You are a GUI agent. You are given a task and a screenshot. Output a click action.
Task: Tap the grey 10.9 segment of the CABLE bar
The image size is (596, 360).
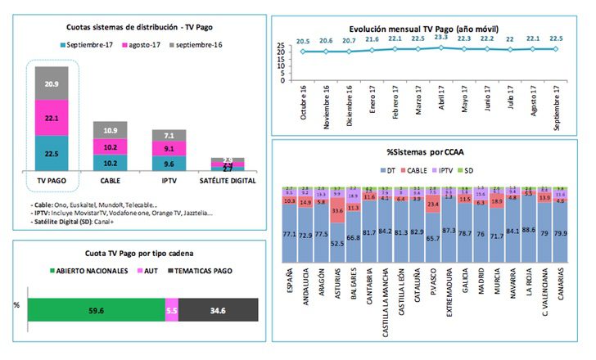(110, 131)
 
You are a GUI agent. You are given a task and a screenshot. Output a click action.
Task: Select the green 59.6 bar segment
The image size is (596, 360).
(96, 310)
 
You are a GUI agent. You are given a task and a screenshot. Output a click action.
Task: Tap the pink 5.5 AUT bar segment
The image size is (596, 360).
(171, 310)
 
